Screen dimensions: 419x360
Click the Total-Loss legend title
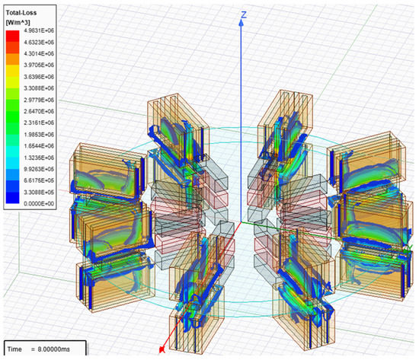point(21,12)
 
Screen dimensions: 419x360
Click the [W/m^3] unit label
point(18,22)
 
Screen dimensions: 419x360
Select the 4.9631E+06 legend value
point(39,30)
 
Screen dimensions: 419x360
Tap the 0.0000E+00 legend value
point(39,204)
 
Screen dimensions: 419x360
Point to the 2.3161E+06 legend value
point(39,123)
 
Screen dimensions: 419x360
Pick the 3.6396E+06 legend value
point(39,77)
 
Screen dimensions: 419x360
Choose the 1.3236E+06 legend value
point(39,158)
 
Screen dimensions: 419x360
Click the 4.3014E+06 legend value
point(39,53)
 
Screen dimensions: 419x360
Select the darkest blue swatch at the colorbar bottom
point(12,198)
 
